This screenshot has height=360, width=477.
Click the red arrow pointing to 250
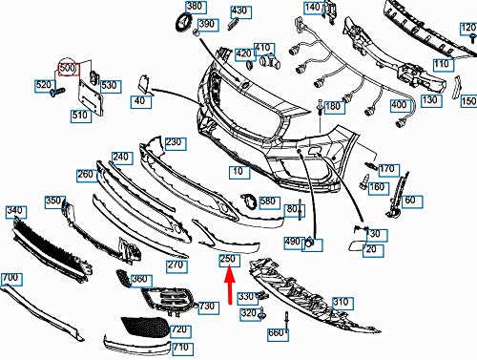coord(230,286)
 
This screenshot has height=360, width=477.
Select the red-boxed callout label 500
coord(69,69)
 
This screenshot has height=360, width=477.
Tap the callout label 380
coord(197,7)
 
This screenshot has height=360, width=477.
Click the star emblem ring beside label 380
coord(184,23)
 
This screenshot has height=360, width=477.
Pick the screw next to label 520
coord(57,92)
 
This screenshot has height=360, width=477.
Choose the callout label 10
coord(239,172)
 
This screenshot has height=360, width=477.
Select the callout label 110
coord(444,65)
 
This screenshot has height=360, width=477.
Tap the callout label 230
coord(176,143)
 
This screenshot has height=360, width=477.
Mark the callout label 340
coord(16,212)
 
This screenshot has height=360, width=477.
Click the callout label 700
coord(11,279)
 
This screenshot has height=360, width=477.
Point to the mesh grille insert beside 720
coord(145,327)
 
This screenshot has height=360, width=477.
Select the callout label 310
coord(342,303)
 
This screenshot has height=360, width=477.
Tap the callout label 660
coord(278,334)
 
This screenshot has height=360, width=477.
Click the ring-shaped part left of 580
coord(249,201)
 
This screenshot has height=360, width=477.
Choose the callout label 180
coord(335,107)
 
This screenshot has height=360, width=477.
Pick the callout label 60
coord(412,201)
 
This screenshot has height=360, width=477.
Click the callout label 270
coord(176,266)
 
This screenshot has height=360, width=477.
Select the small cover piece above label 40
coord(144,84)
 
